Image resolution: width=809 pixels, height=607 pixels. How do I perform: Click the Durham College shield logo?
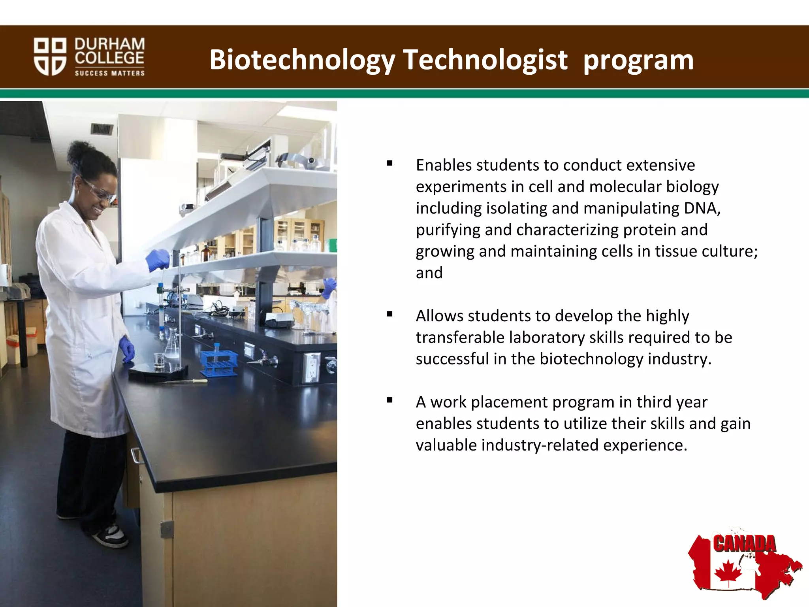50,56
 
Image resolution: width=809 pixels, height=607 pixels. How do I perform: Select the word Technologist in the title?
485,60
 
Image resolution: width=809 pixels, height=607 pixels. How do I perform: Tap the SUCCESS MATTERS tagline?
110,73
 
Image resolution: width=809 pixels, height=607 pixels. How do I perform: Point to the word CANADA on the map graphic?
744,544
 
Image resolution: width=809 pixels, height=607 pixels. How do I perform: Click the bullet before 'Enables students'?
389,163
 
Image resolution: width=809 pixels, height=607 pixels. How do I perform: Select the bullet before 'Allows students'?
389,314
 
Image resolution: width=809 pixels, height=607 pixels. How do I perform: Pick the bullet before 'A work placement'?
389,400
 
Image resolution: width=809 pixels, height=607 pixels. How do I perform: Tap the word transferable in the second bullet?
460,337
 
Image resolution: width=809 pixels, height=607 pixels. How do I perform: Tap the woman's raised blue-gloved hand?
158,259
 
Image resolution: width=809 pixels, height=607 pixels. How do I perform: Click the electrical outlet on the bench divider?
312,367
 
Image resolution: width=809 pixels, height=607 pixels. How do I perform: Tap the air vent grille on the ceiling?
102,128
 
